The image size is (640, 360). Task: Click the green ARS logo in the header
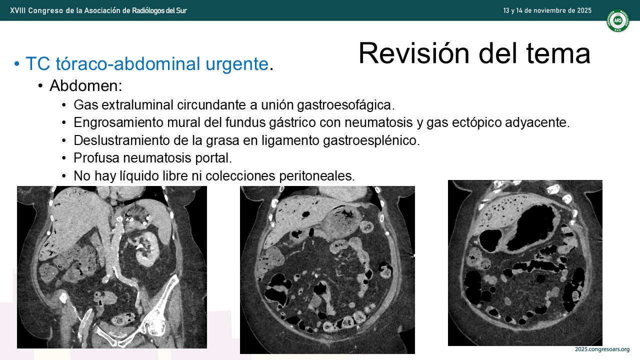click(618, 20)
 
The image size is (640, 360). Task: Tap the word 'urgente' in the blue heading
click(237, 63)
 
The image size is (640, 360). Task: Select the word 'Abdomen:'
click(85, 85)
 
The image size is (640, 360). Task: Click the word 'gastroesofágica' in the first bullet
click(344, 105)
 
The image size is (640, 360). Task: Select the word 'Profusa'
click(96, 157)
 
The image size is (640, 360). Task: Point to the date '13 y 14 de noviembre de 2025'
click(547, 10)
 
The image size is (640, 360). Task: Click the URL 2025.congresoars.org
click(602, 349)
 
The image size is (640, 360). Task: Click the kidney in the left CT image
click(147, 249)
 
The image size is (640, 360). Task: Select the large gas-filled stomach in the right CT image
click(531, 228)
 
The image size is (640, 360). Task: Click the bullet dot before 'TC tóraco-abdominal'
click(17, 64)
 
